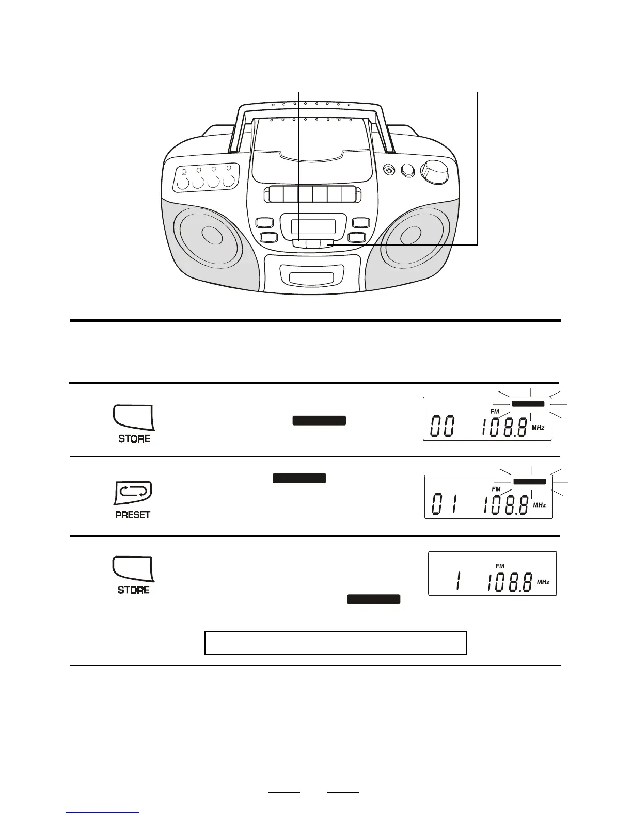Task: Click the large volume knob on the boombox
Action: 434,172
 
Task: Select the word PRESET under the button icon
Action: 133,515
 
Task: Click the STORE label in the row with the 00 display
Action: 134,439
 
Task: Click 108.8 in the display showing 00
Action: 504,428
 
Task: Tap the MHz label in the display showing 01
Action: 539,505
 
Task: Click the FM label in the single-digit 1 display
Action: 500,566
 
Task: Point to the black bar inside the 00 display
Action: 528,404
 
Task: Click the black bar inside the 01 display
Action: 529,481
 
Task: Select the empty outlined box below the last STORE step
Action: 336,643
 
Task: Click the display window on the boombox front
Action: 312,226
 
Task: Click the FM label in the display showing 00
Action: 495,411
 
